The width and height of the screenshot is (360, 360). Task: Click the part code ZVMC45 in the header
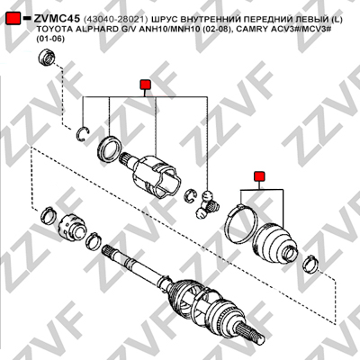pos(57,18)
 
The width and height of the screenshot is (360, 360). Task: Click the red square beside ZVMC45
pos(13,19)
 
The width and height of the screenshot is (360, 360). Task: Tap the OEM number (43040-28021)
pos(115,19)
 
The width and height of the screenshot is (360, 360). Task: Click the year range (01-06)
pos(50,39)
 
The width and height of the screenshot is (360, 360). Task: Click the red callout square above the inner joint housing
pos(145,85)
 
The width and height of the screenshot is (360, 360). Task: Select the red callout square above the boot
pos(259,176)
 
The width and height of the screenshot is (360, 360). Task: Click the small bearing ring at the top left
pos(47,58)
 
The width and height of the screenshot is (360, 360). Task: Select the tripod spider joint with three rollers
pos(207,205)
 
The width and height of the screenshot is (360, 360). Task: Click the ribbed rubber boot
pos(274,243)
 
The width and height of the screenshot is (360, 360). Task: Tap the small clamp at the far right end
pos(310,264)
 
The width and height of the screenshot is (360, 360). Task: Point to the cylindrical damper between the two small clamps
pos(72,226)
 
